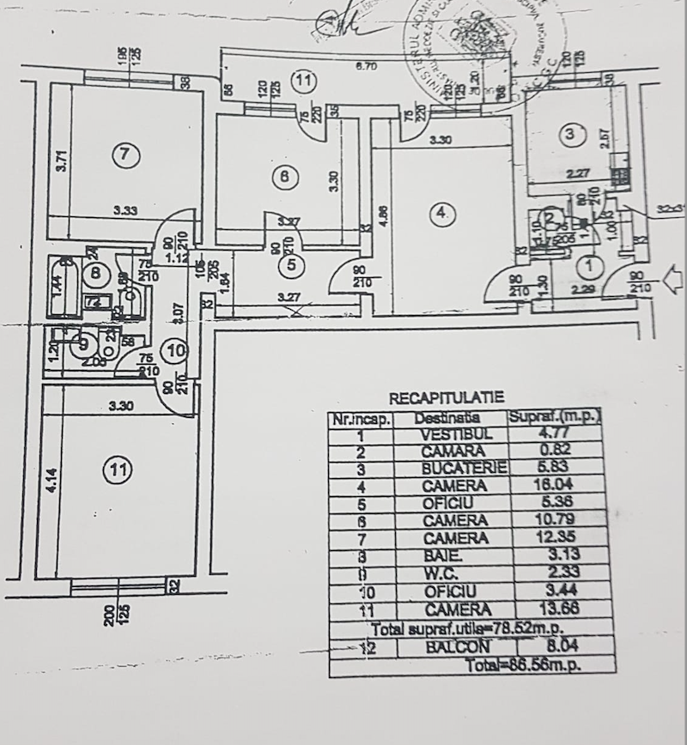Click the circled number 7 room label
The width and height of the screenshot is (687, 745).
point(125,154)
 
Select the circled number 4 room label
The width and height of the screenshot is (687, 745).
point(441,214)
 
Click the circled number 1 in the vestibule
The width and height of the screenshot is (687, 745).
point(590,264)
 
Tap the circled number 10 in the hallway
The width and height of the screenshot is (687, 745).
point(174,350)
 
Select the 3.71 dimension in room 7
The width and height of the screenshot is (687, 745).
point(60,161)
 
